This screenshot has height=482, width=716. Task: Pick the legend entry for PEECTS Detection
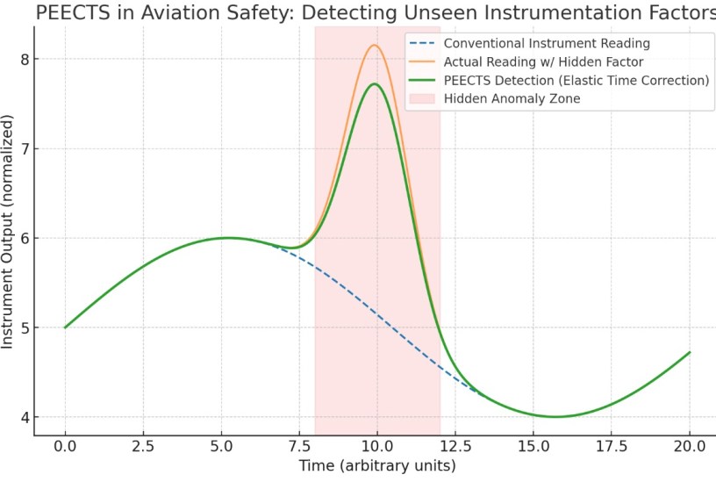click(576, 81)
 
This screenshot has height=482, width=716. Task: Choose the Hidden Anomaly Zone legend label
click(512, 99)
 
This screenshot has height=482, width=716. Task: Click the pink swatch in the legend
click(421, 99)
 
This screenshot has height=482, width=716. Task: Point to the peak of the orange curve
click(375, 45)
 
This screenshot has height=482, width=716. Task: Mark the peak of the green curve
click(375, 84)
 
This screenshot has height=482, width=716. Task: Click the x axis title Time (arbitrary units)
click(376, 464)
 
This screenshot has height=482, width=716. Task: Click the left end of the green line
click(66, 327)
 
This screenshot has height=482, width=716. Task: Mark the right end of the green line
click(690, 352)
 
